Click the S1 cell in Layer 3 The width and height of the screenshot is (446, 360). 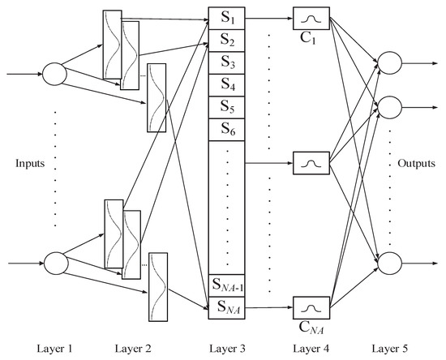click(227, 17)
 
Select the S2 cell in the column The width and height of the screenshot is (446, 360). click(227, 40)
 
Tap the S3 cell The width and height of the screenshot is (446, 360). click(227, 62)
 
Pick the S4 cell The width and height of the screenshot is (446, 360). click(227, 84)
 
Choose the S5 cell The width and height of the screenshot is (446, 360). click(227, 107)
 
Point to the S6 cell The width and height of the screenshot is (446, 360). click(227, 129)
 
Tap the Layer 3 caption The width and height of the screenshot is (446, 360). click(226, 348)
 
